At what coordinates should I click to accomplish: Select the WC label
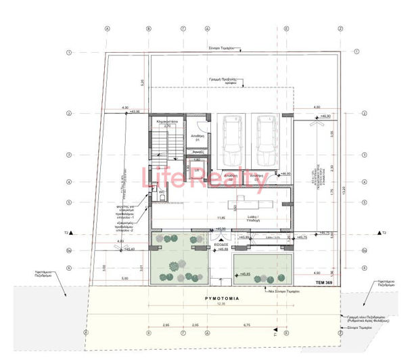click(162, 192)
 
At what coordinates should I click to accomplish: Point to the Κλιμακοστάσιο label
click(167, 122)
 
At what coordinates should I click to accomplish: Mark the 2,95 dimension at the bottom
click(166, 326)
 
